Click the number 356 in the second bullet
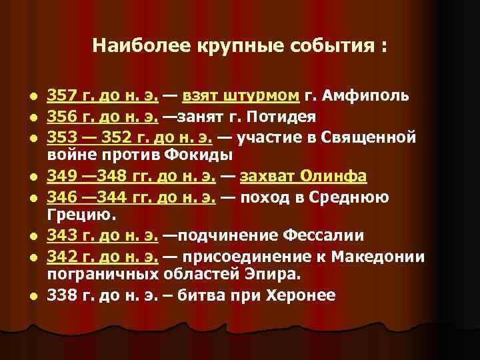click(x=61, y=117)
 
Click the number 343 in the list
click(x=61, y=235)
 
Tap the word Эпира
click(x=267, y=275)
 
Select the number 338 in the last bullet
click(x=61, y=295)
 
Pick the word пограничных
click(x=101, y=275)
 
